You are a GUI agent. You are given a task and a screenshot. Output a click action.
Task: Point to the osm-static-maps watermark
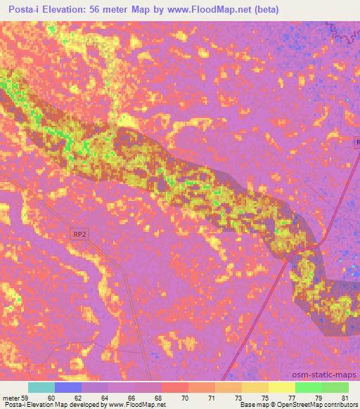pyautogui.click(x=330, y=375)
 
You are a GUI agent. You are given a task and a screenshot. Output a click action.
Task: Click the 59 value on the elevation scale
pyautogui.click(x=25, y=397)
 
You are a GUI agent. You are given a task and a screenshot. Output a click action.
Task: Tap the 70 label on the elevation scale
pyautogui.click(x=185, y=397)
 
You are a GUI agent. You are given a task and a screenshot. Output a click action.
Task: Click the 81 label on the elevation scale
pyautogui.click(x=345, y=397)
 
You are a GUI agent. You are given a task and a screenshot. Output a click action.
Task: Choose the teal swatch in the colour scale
pyautogui.click(x=41, y=387)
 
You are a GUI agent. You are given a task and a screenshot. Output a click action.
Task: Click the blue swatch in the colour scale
pyautogui.click(x=68, y=387)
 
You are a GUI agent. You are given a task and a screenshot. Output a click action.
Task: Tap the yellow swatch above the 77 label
pyautogui.click(x=281, y=387)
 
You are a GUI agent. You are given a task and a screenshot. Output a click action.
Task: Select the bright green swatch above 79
pyautogui.click(x=308, y=387)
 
